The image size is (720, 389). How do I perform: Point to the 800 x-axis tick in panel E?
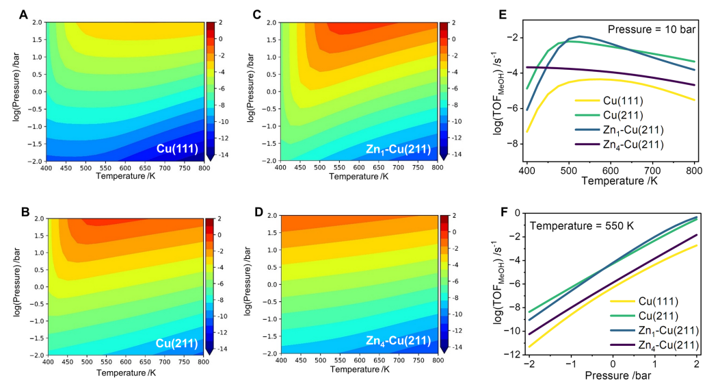pyautogui.click(x=694, y=168)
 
